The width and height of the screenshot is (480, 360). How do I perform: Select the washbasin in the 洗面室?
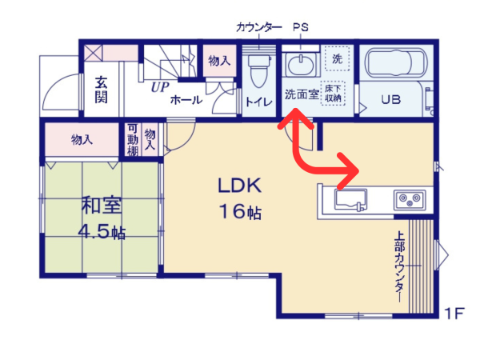(300, 65)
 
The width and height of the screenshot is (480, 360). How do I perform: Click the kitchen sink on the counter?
(351, 200)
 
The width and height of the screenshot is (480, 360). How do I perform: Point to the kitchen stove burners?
(410, 200)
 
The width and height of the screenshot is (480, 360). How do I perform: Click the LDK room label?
(240, 186)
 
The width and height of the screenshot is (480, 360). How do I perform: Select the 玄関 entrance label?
(101, 90)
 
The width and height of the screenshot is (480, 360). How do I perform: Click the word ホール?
(186, 100)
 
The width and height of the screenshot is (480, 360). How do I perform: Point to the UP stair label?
(160, 87)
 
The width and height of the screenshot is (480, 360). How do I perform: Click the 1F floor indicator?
(454, 313)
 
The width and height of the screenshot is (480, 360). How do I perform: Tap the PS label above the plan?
(301, 27)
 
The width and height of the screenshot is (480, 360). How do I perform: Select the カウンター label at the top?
(259, 27)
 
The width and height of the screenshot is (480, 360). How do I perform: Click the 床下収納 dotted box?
(333, 93)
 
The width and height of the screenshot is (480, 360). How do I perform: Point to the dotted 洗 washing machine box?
(337, 58)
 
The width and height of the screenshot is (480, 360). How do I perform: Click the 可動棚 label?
(133, 139)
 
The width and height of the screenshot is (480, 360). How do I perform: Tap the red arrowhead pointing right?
(349, 170)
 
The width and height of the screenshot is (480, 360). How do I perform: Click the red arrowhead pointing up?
(295, 118)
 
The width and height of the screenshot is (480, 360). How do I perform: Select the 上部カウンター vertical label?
(399, 267)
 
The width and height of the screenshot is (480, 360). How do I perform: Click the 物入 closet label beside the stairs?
(219, 61)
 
